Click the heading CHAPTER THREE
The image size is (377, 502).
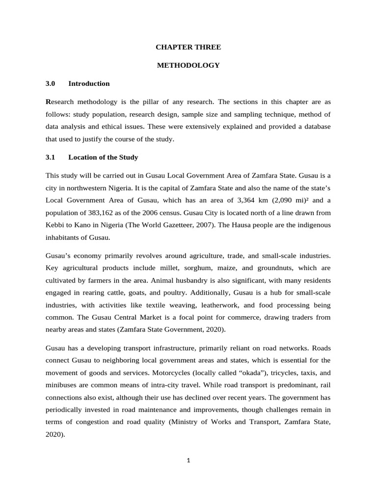coord(188,47)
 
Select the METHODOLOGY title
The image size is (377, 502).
coord(188,65)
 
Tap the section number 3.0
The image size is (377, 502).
coord(50,83)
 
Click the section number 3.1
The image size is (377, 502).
coord(50,157)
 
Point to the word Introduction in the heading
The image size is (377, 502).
coord(89,83)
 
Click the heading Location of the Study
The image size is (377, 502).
coord(103,157)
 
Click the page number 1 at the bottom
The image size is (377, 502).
coord(188,460)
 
